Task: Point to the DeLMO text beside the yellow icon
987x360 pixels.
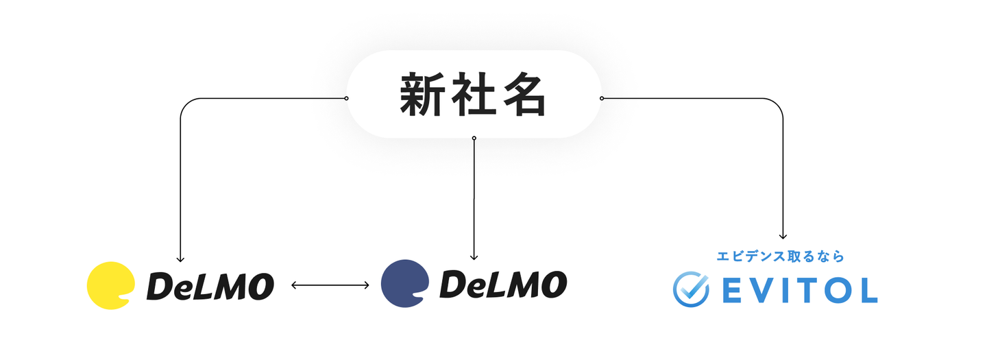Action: coord(210,285)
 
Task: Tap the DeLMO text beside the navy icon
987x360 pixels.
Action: coord(503,284)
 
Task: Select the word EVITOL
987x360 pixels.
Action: coord(799,291)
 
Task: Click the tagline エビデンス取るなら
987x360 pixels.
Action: coord(780,256)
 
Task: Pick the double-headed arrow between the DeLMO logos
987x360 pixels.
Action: coord(330,285)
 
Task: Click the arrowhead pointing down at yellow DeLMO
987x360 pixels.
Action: coord(180,259)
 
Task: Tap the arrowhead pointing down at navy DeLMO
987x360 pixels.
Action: coord(474,257)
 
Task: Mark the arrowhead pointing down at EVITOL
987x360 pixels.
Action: coord(783,237)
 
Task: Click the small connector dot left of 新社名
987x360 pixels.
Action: coord(346,98)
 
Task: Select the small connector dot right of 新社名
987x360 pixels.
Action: coord(602,98)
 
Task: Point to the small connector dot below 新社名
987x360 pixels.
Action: coord(474,138)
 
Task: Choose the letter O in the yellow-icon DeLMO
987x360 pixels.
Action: coord(262,286)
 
